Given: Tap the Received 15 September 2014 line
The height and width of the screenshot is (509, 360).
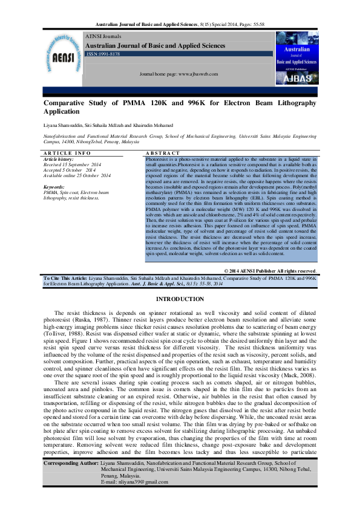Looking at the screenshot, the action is [76, 164].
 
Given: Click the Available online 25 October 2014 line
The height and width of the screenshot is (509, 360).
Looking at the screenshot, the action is [77, 175].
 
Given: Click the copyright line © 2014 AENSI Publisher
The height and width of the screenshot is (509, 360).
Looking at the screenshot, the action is [270, 271].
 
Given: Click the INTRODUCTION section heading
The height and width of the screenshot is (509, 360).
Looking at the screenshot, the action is [180, 299].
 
